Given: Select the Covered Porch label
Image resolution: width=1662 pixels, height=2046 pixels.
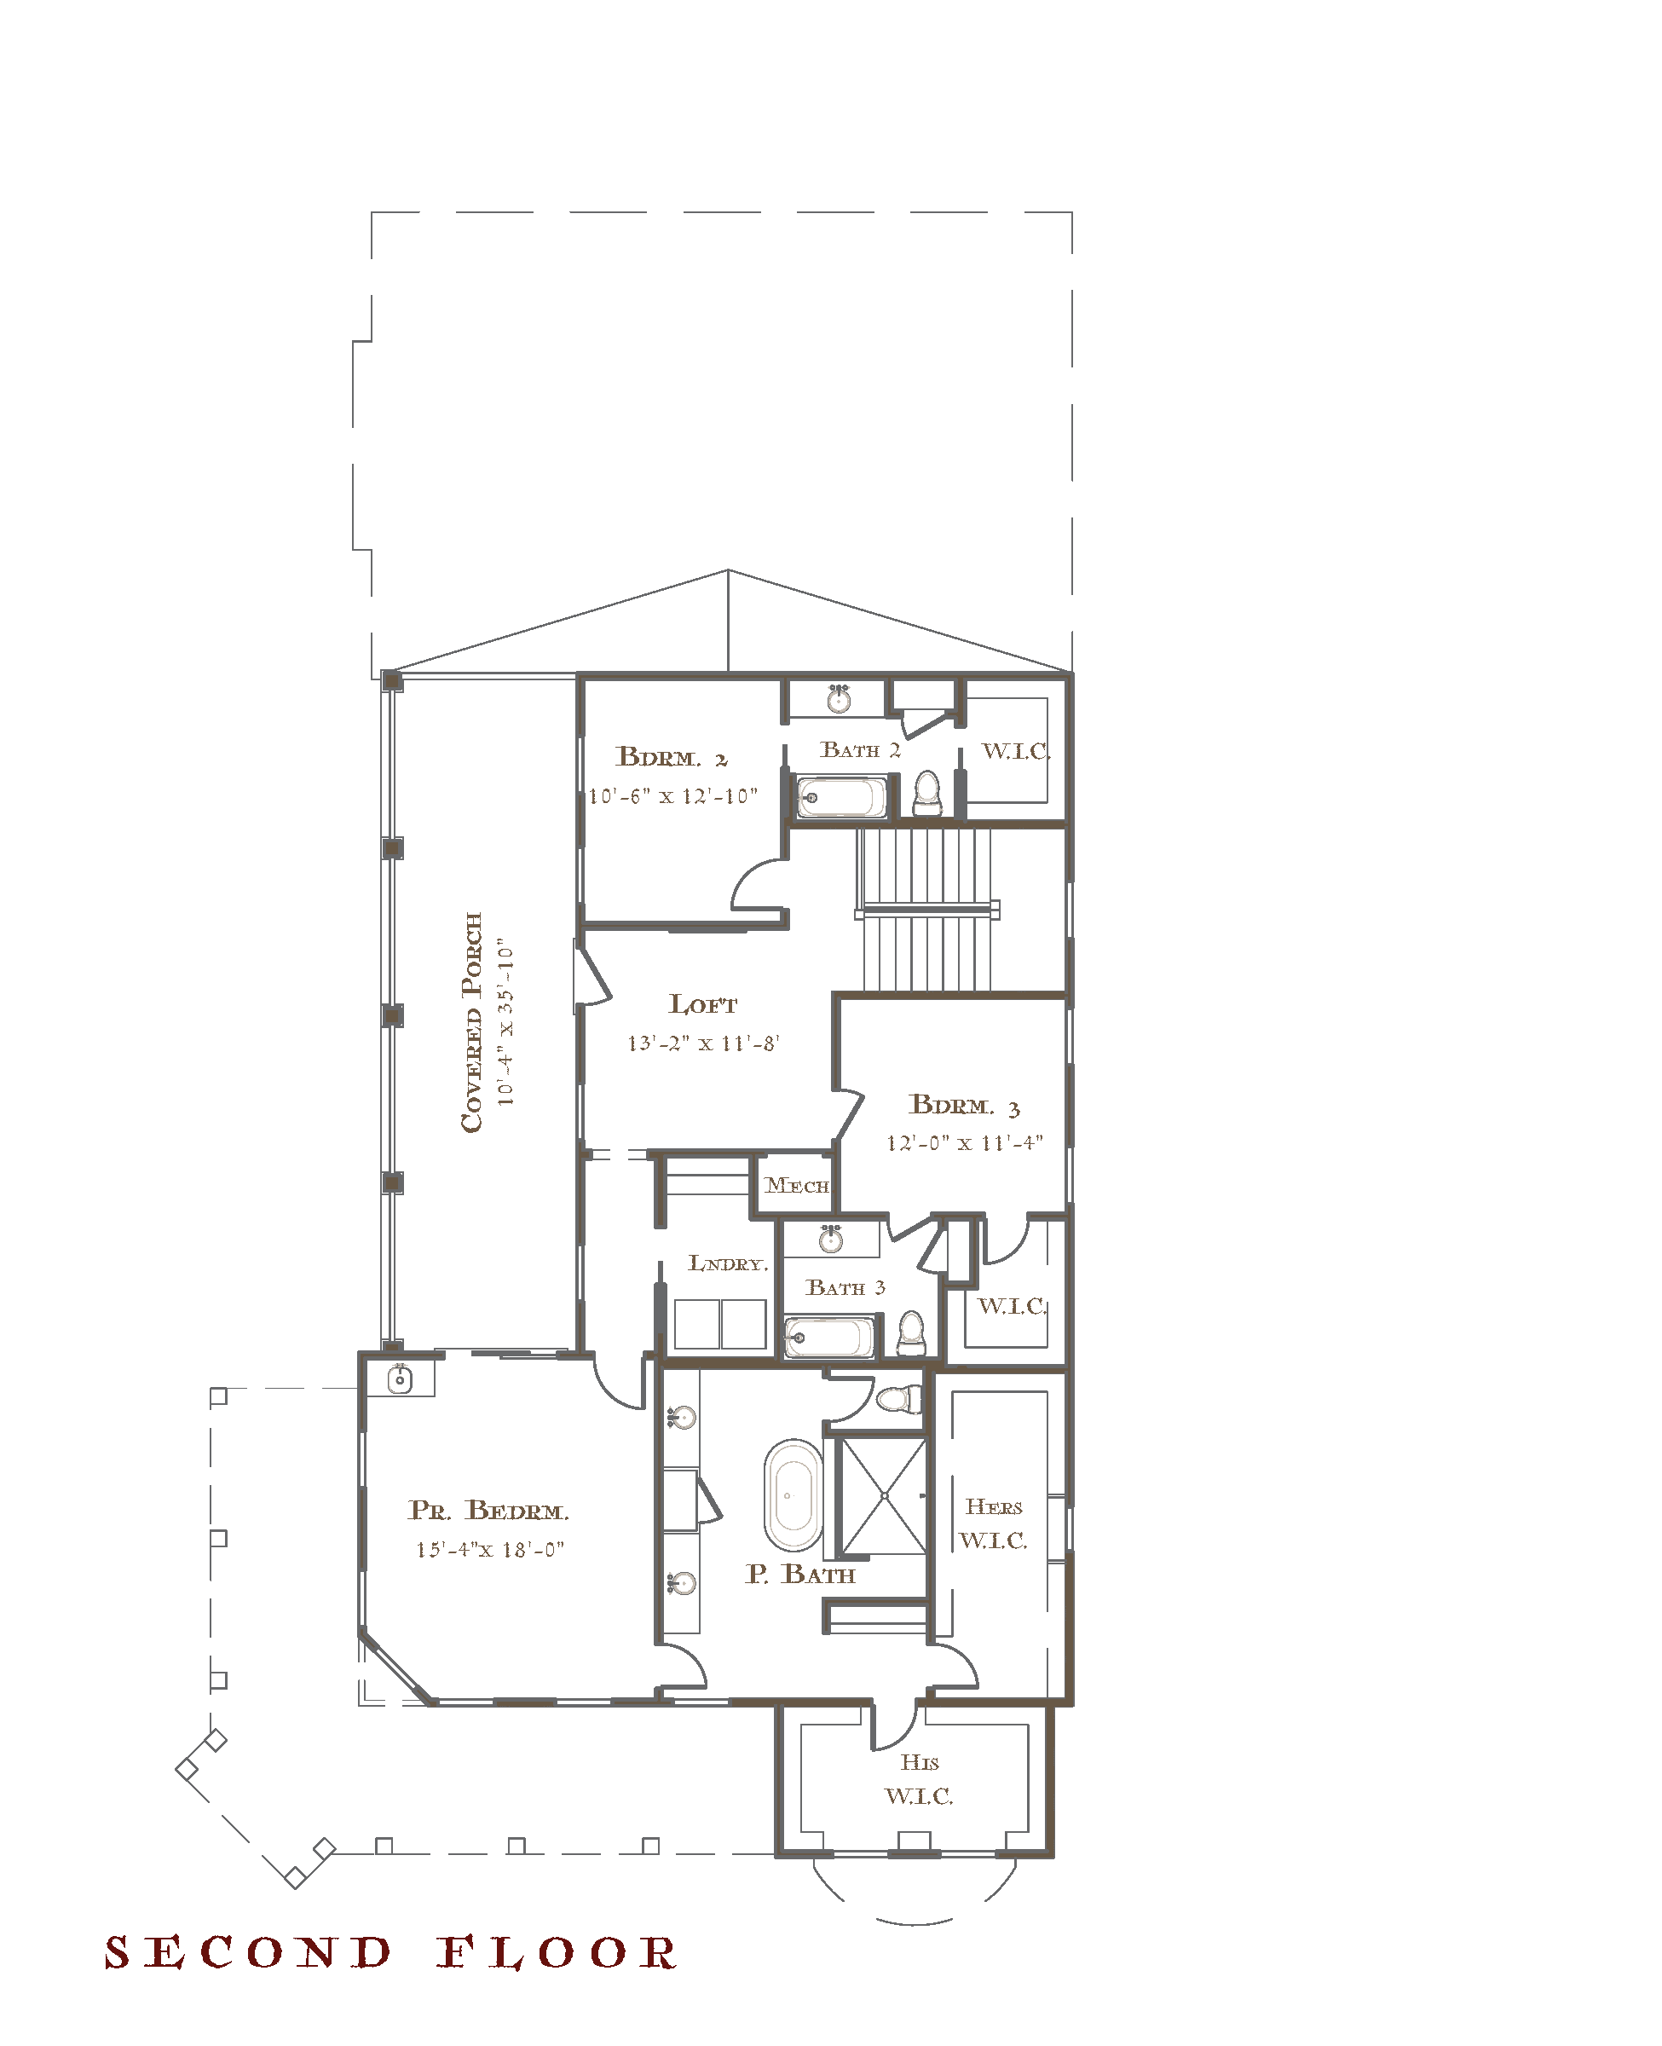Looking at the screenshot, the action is [472, 1021].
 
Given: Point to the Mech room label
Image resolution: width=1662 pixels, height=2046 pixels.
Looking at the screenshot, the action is [797, 1185].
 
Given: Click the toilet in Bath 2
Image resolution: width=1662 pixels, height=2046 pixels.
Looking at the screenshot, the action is [926, 793].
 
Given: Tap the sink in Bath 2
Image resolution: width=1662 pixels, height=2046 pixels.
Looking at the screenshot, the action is [839, 699].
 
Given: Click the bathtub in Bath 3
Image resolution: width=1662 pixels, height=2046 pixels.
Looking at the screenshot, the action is [829, 1338].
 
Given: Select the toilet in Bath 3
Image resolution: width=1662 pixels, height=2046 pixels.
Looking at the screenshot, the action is [911, 1333].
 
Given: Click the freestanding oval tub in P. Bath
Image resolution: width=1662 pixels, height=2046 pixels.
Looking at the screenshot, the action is [793, 1494].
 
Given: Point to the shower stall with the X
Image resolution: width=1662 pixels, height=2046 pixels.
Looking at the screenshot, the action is [884, 1494].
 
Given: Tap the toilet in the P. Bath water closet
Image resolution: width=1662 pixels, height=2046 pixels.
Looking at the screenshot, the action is [899, 1399].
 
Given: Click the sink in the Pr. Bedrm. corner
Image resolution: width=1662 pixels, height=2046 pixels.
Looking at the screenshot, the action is [401, 1379].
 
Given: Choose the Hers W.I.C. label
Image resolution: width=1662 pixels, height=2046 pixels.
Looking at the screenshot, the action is [994, 1523].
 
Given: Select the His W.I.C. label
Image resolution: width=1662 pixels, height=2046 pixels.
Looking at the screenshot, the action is [919, 1779].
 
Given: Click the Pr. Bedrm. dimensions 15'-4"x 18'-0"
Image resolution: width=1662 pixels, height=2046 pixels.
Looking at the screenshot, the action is [490, 1549].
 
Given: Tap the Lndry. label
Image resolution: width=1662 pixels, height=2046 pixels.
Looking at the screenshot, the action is [728, 1263].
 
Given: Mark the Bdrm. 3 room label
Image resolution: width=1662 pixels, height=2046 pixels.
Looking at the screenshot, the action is [965, 1105].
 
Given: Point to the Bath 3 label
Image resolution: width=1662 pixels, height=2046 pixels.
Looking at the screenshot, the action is [845, 1288].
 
